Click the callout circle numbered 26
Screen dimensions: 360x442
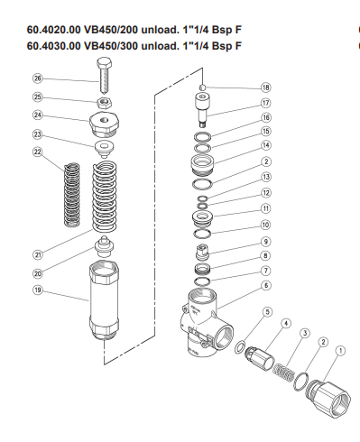coord(37,78)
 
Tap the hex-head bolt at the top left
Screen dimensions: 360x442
coord(105,76)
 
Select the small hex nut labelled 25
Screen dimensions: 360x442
coord(105,103)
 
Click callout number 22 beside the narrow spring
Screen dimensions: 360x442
coord(37,152)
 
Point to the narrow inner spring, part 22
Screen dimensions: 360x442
coord(72,194)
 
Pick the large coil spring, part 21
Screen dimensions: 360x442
coord(105,197)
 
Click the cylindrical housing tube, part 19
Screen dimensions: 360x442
coord(105,300)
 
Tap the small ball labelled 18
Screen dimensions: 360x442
coord(203,87)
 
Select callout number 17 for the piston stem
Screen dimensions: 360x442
coord(266,103)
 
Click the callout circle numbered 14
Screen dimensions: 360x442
coord(266,145)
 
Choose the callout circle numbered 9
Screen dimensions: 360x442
coord(266,242)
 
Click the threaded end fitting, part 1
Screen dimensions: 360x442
coord(328,399)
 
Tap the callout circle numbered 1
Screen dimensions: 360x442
coord(341,351)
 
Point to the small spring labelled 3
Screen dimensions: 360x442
coord(283,373)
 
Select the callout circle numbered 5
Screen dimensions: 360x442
coord(268,312)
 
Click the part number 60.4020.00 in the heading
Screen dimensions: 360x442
coord(54,30)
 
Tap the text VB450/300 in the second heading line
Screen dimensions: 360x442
coord(111,46)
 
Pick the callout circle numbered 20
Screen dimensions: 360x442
coord(38,273)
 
